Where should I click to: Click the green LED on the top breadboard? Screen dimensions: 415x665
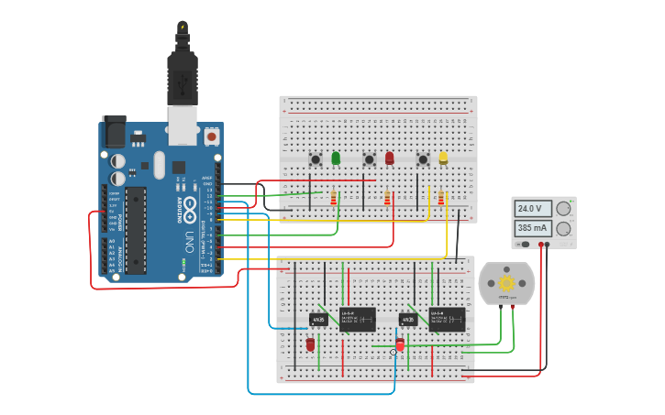(336, 158)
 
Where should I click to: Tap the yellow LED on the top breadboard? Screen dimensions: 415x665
(443, 158)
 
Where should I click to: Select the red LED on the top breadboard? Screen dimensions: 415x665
(389, 158)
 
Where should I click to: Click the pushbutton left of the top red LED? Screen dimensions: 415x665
(370, 159)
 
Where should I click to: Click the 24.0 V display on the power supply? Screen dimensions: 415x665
(533, 208)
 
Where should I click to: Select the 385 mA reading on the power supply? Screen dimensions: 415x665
(533, 227)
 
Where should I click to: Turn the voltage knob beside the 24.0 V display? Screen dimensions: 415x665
(564, 208)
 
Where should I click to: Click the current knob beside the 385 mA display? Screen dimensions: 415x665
(564, 228)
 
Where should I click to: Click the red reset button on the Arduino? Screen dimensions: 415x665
(212, 137)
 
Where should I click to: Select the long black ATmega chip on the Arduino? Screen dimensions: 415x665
(136, 229)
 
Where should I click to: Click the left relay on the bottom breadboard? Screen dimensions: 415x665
(358, 319)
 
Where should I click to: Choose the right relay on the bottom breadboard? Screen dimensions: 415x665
(448, 319)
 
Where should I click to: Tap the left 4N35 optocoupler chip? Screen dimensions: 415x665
(318, 320)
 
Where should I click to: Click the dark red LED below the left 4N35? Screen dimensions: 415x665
(310, 344)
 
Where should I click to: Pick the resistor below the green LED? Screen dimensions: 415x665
(333, 198)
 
